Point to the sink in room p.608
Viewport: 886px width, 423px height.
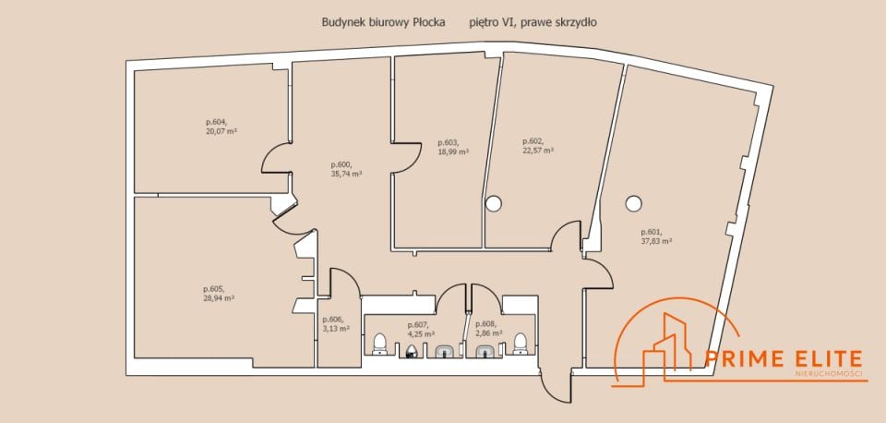click(485, 352)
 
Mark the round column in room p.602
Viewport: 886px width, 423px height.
click(493, 203)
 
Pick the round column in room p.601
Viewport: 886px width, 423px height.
click(633, 203)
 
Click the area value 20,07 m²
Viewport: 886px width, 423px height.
click(221, 130)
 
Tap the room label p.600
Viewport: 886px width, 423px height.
click(341, 165)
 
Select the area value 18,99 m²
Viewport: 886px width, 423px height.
click(453, 151)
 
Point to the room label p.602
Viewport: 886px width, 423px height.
click(533, 141)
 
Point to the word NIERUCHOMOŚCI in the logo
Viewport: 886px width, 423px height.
click(829, 374)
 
